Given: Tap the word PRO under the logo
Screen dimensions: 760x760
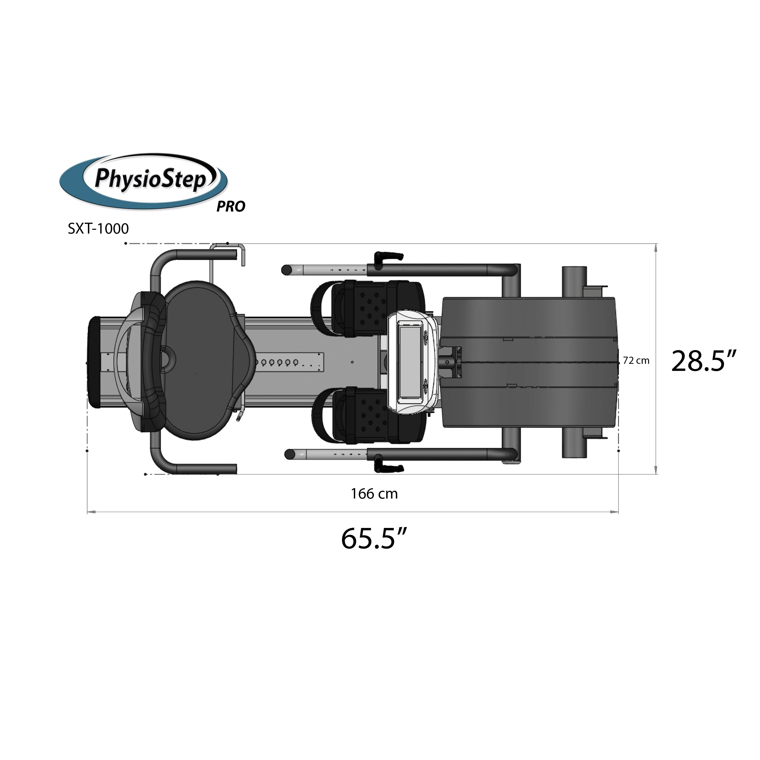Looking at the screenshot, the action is [231, 206].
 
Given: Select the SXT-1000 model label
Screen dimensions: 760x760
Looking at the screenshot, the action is [98, 229].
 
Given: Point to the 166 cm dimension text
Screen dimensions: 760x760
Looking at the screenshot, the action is [374, 494].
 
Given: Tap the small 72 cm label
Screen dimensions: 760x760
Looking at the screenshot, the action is [636, 360].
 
